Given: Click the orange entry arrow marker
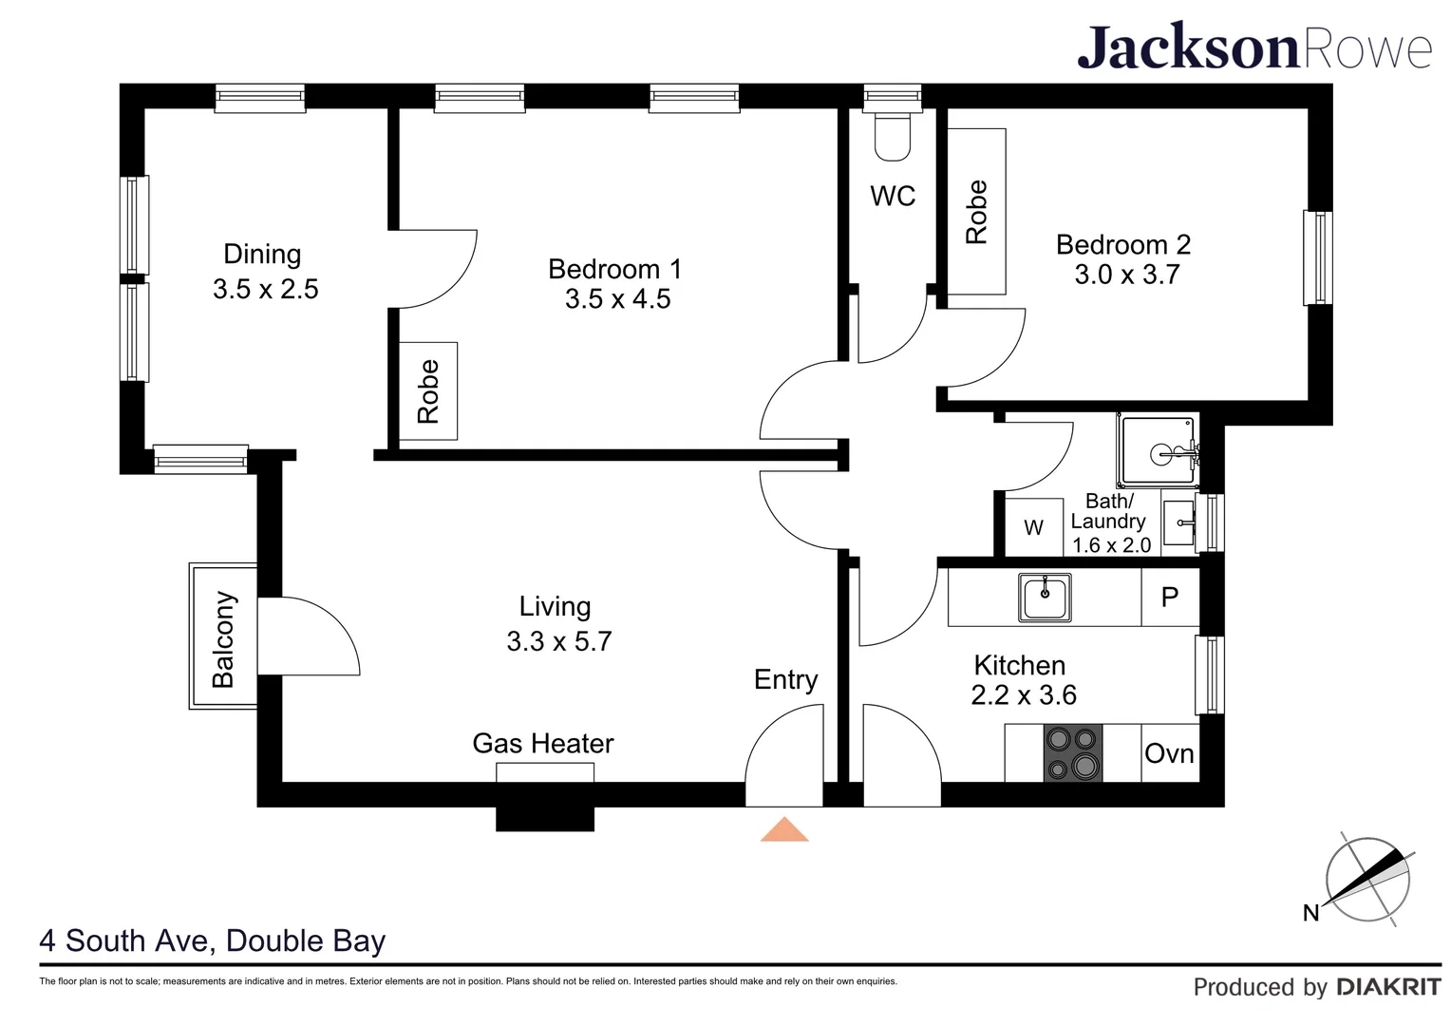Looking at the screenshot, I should tap(783, 829).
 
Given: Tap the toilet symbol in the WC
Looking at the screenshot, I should tap(892, 137).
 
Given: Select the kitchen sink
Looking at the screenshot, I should tap(1045, 597).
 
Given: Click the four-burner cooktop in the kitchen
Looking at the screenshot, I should tap(1072, 753).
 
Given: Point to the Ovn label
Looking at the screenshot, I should tap(1169, 754).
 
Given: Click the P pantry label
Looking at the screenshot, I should tap(1170, 597).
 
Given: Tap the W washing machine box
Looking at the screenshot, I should tap(1033, 528).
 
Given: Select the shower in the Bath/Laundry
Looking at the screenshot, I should tap(1158, 452).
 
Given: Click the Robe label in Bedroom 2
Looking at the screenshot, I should tap(976, 212).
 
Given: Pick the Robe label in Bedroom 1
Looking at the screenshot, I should tap(428, 390).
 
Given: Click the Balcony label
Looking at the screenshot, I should tap(223, 638).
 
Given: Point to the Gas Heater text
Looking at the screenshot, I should tap(543, 743).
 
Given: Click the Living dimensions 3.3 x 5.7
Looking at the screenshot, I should tap(558, 641).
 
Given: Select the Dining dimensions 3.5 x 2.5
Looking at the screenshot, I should tap(266, 289).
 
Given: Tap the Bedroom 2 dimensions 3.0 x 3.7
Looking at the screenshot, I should tap(1126, 275).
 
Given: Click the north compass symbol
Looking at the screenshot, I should tap(1367, 880).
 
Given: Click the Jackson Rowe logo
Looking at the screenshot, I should tap(1253, 47).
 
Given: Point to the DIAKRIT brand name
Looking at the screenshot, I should tap(1388, 987).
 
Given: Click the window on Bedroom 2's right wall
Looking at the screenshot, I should tap(1317, 257).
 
